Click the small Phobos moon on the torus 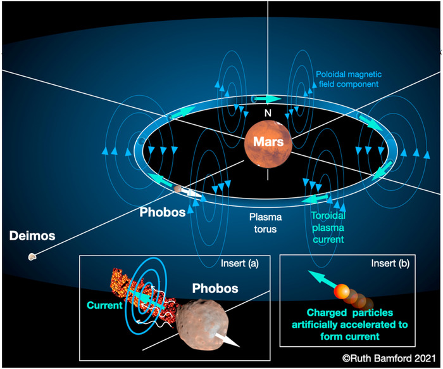pyautogui.click(x=178, y=189)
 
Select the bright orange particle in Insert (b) pyautogui.click(x=343, y=290)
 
